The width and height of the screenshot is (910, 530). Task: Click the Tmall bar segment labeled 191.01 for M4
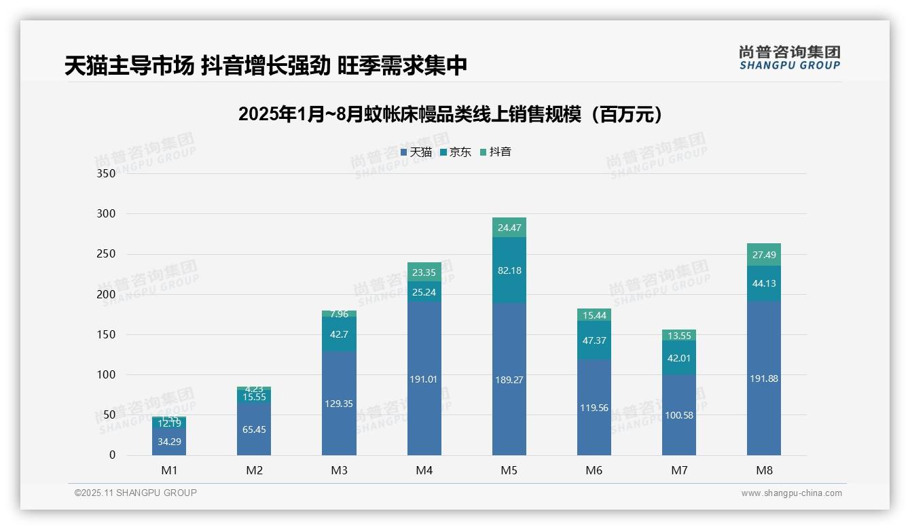[424, 378]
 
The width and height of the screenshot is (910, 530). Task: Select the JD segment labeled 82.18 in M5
[509, 270]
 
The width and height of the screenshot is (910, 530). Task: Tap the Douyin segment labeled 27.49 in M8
[764, 255]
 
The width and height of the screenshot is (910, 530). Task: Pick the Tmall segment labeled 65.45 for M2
[254, 429]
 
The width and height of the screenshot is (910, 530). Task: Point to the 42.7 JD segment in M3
[339, 334]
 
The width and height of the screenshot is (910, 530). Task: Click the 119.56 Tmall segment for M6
[594, 408]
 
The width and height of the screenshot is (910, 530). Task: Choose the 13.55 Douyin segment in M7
[679, 336]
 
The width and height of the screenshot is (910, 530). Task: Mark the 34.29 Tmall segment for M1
[169, 442]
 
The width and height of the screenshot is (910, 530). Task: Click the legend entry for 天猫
[416, 152]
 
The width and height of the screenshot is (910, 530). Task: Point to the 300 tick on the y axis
[107, 213]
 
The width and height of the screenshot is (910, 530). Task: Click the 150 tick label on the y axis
[107, 334]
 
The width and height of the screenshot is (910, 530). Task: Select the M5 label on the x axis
[509, 470]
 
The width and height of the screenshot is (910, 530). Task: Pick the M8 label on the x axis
[764, 470]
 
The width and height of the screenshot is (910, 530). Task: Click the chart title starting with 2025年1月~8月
[450, 115]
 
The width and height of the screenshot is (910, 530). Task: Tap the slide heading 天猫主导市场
[266, 65]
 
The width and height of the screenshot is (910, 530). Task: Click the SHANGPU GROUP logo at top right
[789, 58]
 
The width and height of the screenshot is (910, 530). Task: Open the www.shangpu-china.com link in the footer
[791, 493]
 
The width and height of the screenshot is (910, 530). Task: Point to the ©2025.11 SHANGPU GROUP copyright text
[136, 493]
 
